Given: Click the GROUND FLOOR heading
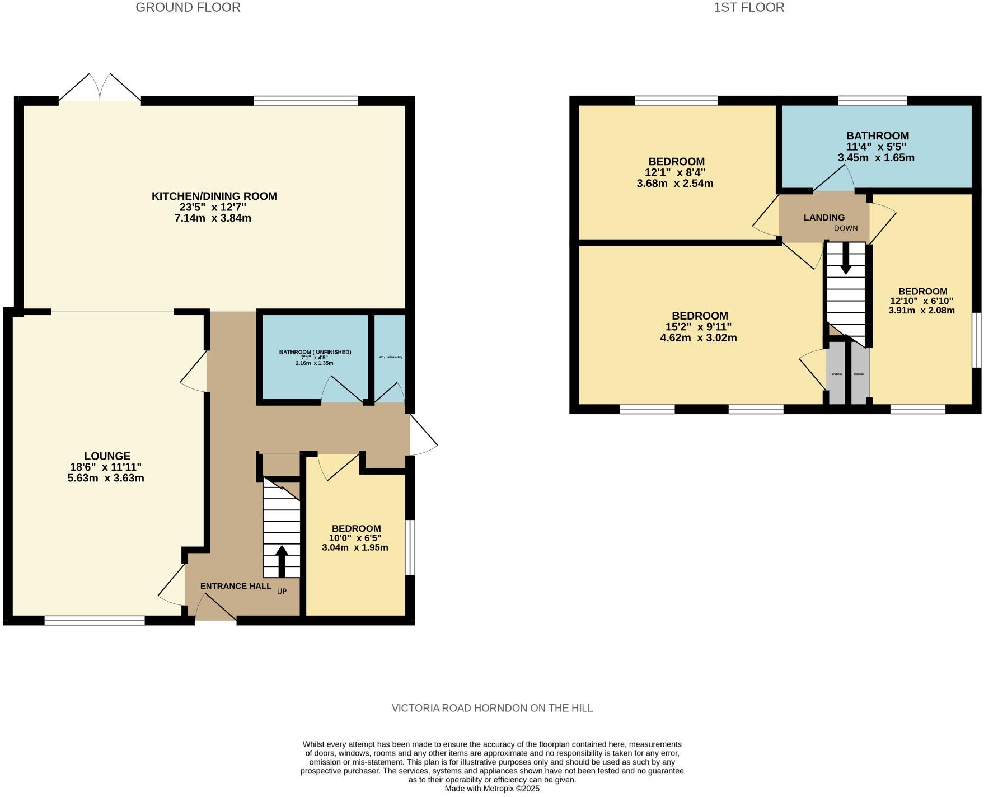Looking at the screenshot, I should click(x=188, y=7).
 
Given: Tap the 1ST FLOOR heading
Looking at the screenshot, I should click(x=749, y=7).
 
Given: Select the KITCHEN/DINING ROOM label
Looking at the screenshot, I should click(x=214, y=196).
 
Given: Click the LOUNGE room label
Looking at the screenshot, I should click(x=107, y=456).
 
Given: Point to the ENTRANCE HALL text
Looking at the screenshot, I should click(x=236, y=586).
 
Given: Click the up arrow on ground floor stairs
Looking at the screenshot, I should click(x=282, y=560).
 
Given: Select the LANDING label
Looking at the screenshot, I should click(x=824, y=217).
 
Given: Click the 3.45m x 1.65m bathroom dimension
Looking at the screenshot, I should click(x=876, y=158).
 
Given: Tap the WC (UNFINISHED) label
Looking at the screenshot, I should click(x=390, y=357).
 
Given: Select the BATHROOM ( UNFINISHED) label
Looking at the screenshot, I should click(x=315, y=352).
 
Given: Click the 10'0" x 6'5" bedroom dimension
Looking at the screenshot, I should click(x=355, y=538).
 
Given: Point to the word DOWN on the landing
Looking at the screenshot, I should click(x=845, y=228).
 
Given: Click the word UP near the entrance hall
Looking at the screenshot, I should click(x=282, y=591).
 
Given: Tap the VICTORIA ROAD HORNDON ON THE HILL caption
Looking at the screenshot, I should click(x=492, y=708).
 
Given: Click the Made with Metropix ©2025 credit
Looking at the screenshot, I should click(x=492, y=788).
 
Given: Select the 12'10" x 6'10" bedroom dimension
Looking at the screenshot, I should click(x=921, y=301).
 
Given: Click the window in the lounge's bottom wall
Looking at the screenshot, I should click(x=95, y=620).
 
